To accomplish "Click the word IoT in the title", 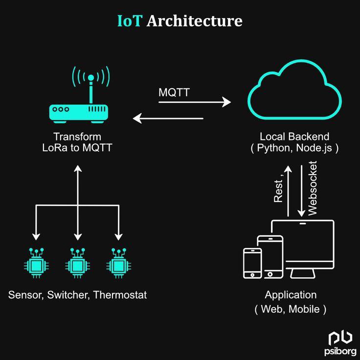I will click(130, 21).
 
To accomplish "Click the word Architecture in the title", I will click(194, 21).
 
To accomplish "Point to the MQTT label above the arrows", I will click(174, 92).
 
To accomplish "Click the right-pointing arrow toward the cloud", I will click(194, 102).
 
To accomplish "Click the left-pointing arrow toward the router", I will click(168, 118).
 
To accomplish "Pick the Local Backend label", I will click(294, 136).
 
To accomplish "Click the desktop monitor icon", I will click(303, 247).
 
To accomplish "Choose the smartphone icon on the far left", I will click(252, 263).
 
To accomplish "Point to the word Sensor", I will click(24, 295).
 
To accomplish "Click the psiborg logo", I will click(339, 342).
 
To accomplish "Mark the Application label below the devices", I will click(291, 295).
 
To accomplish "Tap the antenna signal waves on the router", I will click(90, 76).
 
